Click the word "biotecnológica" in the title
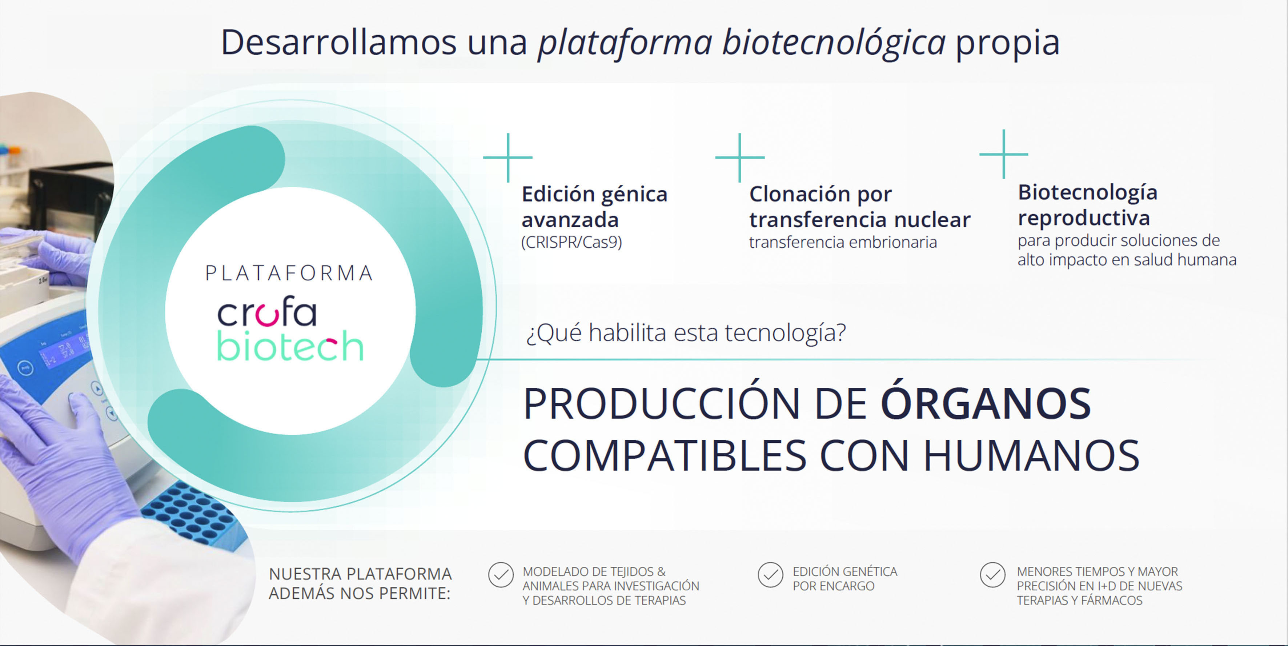tap(834, 43)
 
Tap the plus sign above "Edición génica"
tap(508, 157)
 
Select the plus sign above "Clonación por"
tap(740, 157)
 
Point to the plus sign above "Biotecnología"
tap(1003, 154)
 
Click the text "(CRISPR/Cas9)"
tap(571, 242)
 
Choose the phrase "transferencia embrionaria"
tap(843, 242)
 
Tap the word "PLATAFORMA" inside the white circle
tap(289, 273)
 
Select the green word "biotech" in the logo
tap(290, 345)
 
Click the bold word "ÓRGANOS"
tap(986, 403)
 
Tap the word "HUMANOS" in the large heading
tap(1031, 455)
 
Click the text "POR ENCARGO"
tap(834, 586)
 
